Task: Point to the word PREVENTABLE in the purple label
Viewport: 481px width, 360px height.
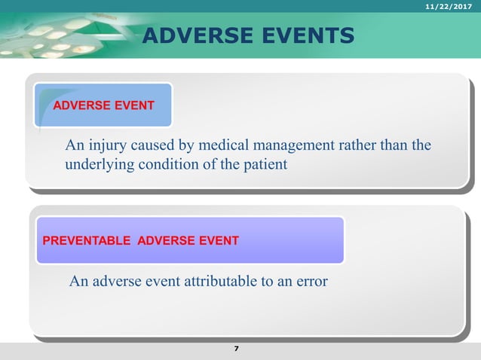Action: (85, 241)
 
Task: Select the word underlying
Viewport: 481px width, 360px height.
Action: (96, 163)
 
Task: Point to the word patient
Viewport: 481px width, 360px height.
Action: (263, 163)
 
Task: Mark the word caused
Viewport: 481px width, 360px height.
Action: (152, 145)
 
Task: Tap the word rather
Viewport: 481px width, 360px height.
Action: (349, 145)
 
